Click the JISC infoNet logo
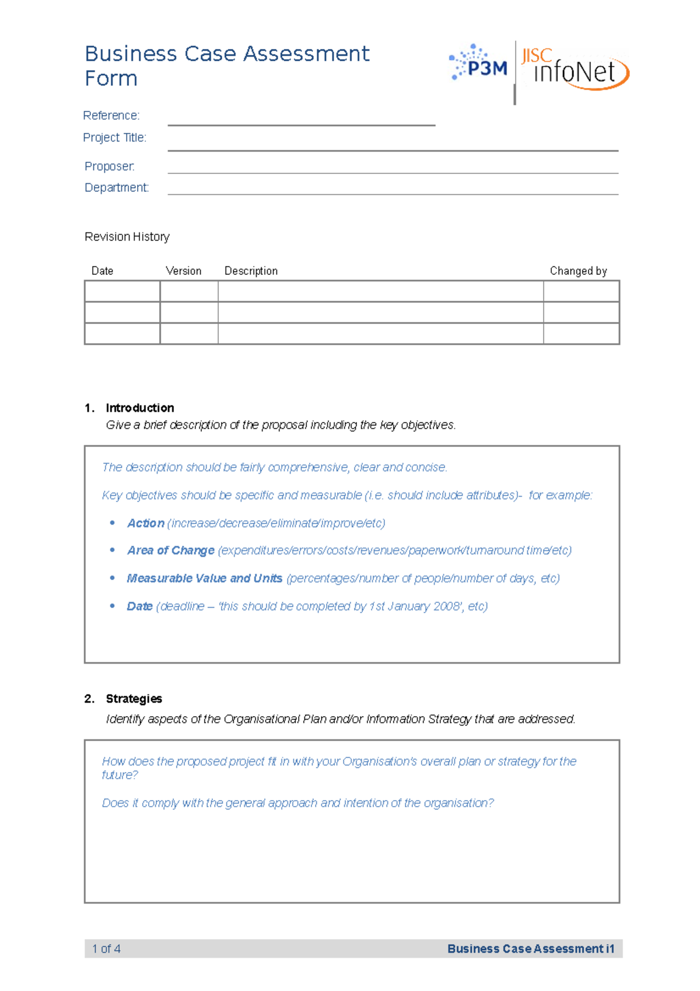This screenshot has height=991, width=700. coord(575,69)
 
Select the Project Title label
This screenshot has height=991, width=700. coord(114,138)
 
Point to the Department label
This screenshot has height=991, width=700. coord(117,188)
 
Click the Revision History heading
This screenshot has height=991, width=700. coord(127,237)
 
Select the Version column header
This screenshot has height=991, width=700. coord(183,271)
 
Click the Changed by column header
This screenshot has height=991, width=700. coord(578,271)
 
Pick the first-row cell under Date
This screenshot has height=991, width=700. coord(122,291)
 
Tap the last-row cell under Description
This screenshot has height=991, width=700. coord(380,334)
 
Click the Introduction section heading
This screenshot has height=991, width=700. coord(139,408)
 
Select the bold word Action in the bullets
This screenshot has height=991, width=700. coord(146,524)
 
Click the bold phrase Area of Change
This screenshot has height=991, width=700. coord(171,551)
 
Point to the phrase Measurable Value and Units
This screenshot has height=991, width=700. coord(205,578)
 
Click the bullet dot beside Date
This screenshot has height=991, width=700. coord(113,606)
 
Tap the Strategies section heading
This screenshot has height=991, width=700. coord(134,699)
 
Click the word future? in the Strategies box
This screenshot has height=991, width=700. coord(120,775)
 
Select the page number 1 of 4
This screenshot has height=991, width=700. coord(106,949)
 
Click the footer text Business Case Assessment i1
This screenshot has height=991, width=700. coord(530,949)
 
